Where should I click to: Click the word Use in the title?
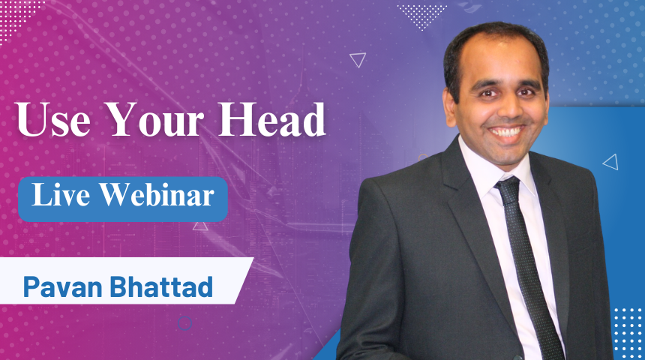click(53, 120)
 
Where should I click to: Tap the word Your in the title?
click(154, 120)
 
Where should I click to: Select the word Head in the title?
click(272, 120)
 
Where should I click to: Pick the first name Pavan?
click(62, 286)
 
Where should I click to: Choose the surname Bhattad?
click(161, 286)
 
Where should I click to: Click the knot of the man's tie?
click(508, 190)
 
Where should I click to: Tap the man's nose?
click(507, 108)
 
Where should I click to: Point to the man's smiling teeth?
click(506, 132)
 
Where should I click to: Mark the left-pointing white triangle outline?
click(610, 162)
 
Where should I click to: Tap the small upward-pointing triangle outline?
click(200, 226)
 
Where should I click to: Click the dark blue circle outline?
click(184, 323)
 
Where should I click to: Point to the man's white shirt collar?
click(493, 166)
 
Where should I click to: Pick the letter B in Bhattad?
click(118, 286)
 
